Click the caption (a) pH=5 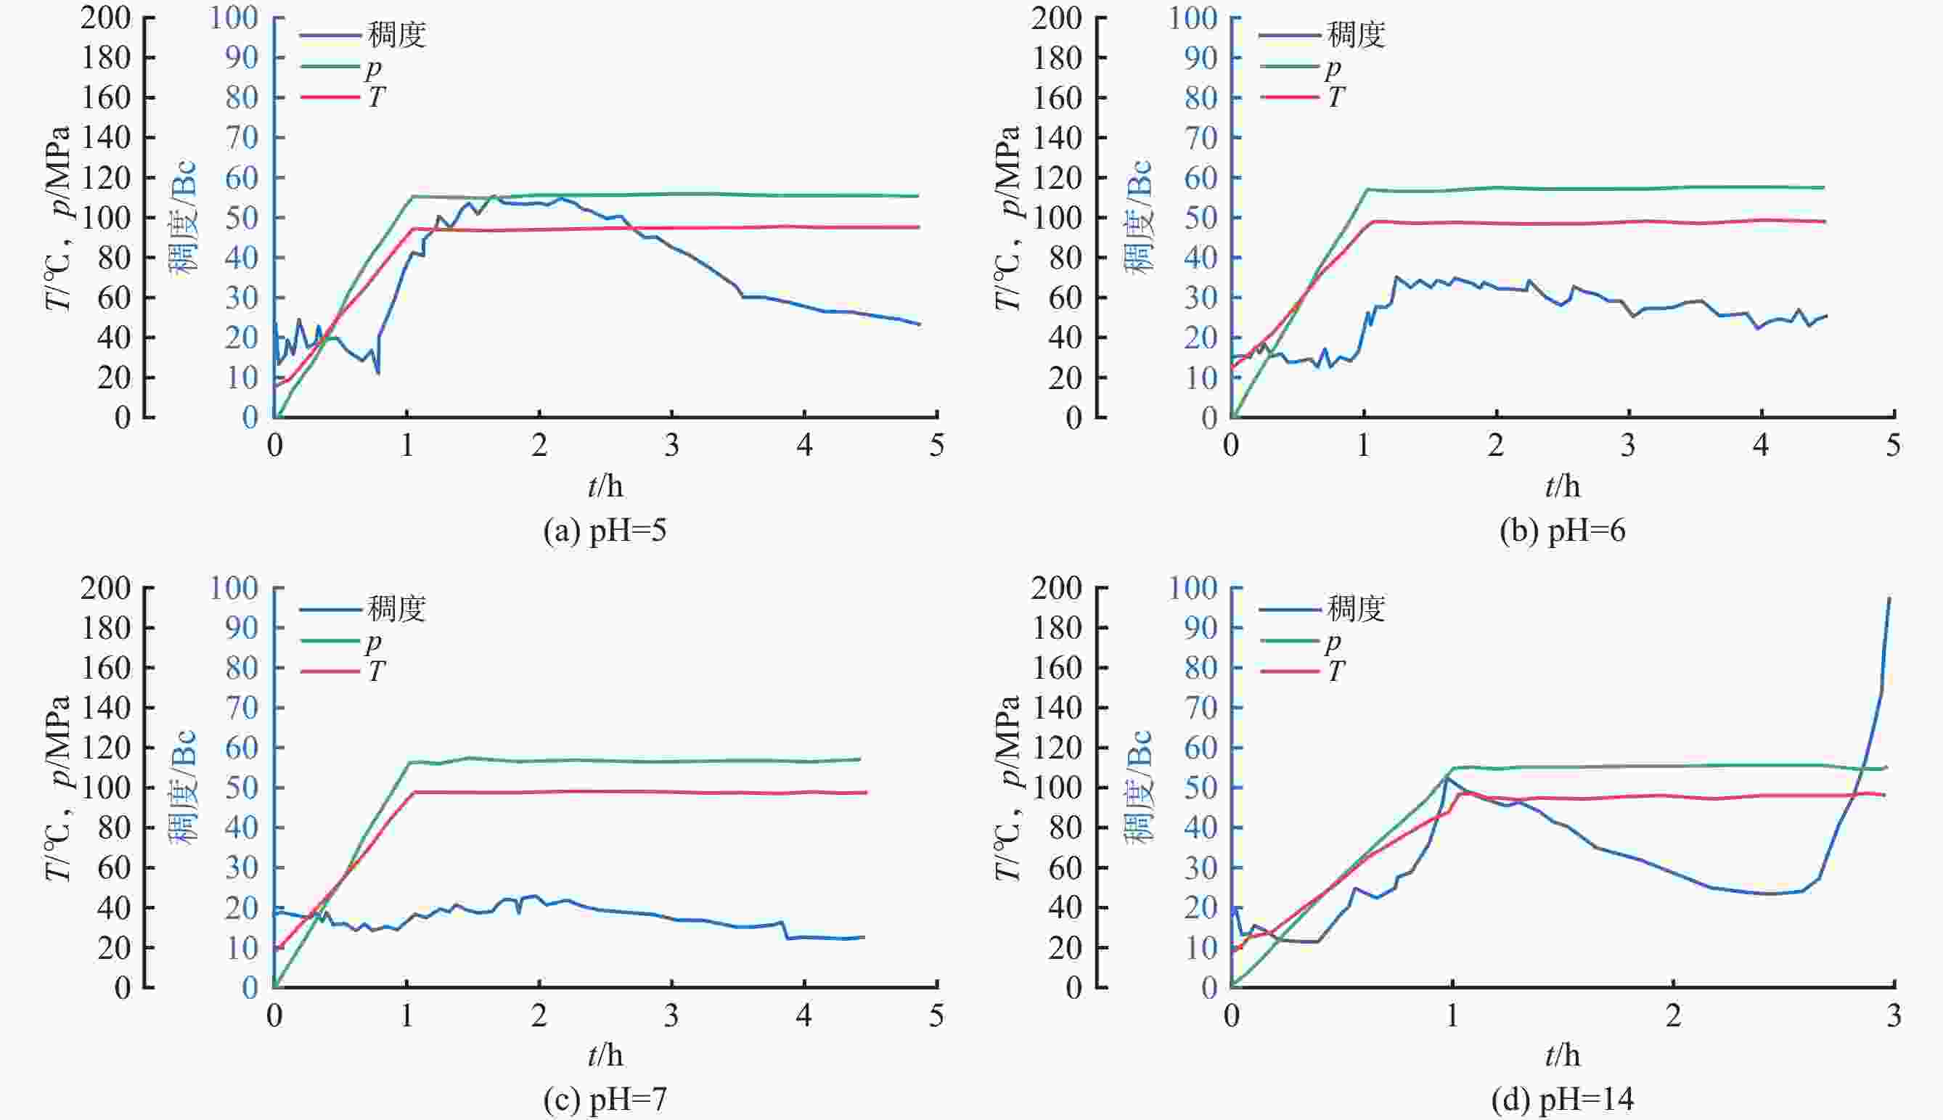(605, 531)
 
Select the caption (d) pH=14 (1561, 1100)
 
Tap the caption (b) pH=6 (1562, 531)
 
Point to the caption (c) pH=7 (605, 1100)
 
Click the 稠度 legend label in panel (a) (396, 36)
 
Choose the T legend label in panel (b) (1335, 98)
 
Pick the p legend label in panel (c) (373, 641)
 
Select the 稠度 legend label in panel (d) (1356, 609)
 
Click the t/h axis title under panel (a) (605, 486)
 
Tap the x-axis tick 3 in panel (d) (1894, 1016)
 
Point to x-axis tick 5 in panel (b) (1894, 446)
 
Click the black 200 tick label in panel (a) (105, 17)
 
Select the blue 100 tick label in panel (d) (1193, 588)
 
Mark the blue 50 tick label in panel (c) (241, 788)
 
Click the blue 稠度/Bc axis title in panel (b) (1137, 217)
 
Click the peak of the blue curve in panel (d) (1889, 597)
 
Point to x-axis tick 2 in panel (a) (539, 446)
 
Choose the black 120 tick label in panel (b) (1056, 178)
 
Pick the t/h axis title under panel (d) (1562, 1055)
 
